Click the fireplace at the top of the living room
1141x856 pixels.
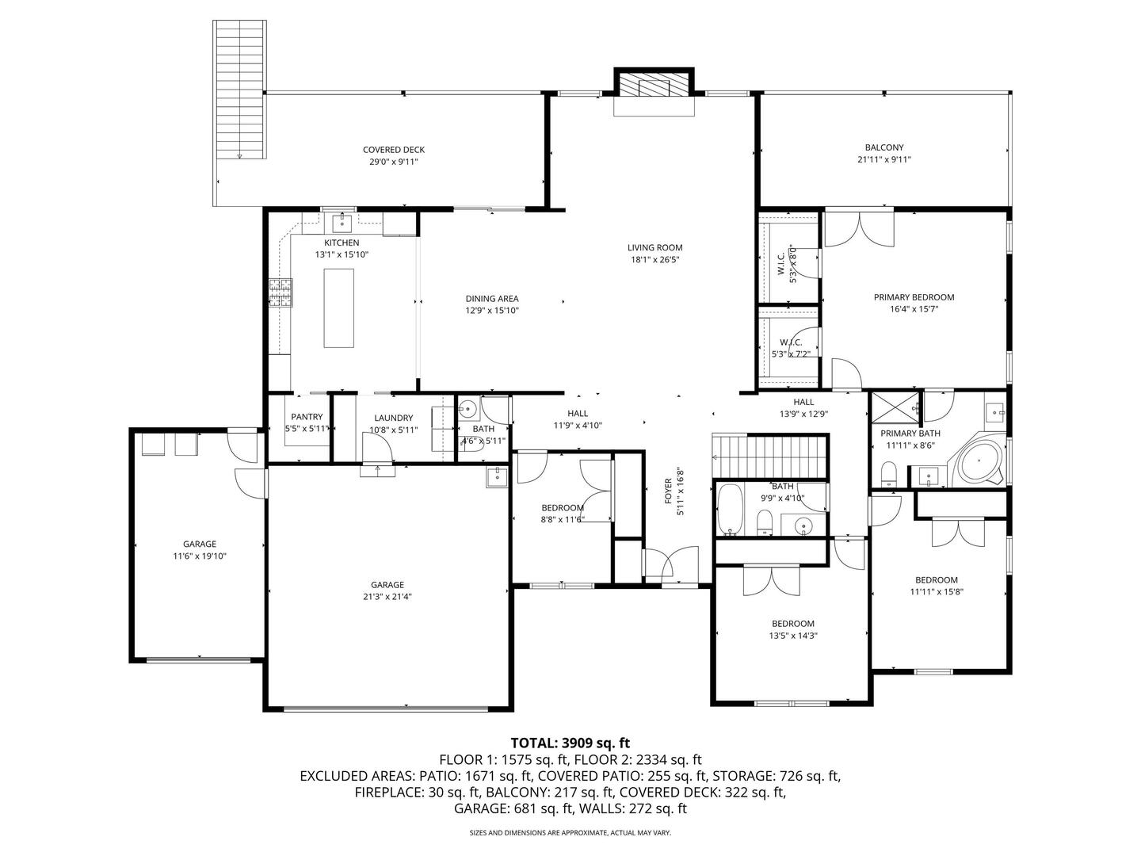(x=654, y=86)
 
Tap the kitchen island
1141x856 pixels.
(x=339, y=308)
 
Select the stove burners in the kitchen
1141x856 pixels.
(x=280, y=292)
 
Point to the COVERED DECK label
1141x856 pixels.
(x=393, y=150)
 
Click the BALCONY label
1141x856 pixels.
(x=883, y=147)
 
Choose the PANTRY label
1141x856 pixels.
(x=307, y=417)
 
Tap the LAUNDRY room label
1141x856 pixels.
(x=393, y=418)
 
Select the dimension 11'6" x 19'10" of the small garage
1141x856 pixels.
(x=200, y=556)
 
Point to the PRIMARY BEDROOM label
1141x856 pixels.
(x=914, y=297)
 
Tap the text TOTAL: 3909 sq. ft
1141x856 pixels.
(x=570, y=743)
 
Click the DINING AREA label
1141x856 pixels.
(x=491, y=299)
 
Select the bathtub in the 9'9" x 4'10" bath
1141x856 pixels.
(x=729, y=510)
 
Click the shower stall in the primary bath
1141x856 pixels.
(x=895, y=409)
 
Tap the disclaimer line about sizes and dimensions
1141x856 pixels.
(x=570, y=833)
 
